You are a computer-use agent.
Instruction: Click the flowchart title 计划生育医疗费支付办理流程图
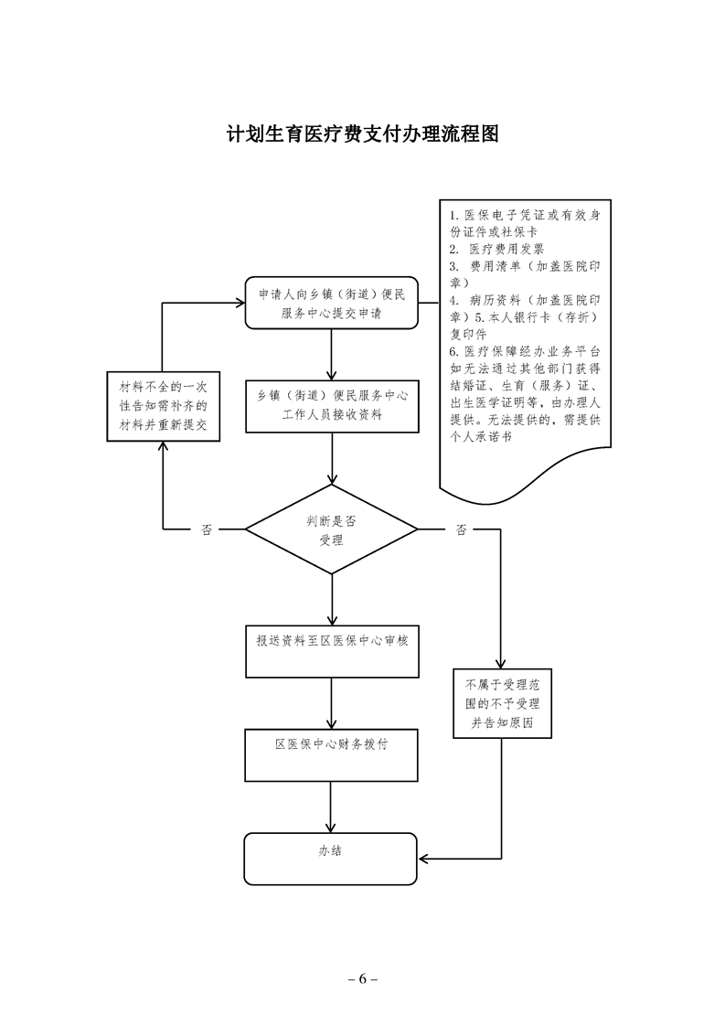pyautogui.click(x=363, y=135)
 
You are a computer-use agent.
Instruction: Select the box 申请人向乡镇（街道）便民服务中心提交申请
pyautogui.click(x=332, y=303)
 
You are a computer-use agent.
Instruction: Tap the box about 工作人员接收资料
pyautogui.click(x=332, y=404)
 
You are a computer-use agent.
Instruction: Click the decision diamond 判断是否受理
pyautogui.click(x=331, y=529)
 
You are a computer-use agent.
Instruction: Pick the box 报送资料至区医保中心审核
pyautogui.click(x=332, y=650)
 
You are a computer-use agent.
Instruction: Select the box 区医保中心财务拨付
pyautogui.click(x=332, y=753)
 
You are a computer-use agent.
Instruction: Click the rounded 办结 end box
pyautogui.click(x=331, y=858)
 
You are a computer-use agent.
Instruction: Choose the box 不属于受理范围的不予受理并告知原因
pyautogui.click(x=501, y=702)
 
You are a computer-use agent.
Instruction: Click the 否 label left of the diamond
pyautogui.click(x=206, y=529)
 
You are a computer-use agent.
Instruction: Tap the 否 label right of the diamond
pyautogui.click(x=460, y=529)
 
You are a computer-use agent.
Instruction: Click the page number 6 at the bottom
pyautogui.click(x=362, y=978)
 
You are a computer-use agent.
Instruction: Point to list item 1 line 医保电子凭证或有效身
pyautogui.click(x=525, y=215)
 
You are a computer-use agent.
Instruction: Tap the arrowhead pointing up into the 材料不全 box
pyautogui.click(x=163, y=446)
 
